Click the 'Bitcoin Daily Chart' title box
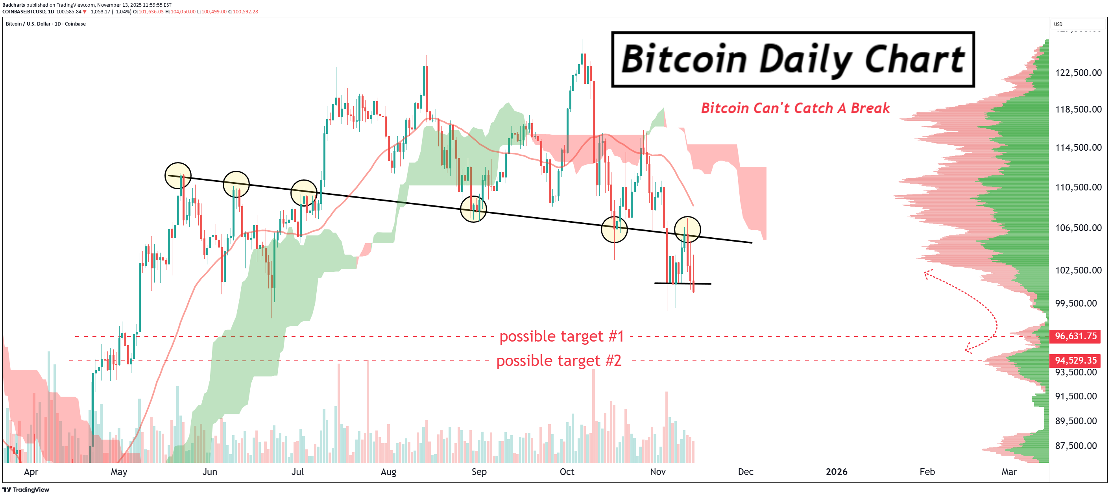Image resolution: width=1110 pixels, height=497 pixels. tap(792, 59)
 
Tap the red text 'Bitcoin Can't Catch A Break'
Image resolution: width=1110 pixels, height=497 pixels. tap(795, 108)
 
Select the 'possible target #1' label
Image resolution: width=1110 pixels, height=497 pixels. tap(561, 336)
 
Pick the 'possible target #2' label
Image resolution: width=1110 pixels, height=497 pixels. tap(558, 361)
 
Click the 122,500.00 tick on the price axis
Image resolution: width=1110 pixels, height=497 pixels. tap(1078, 72)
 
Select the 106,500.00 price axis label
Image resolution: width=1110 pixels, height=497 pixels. tap(1078, 227)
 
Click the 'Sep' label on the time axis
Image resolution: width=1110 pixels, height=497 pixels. tap(479, 471)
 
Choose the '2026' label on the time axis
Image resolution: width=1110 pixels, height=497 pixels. tap(837, 471)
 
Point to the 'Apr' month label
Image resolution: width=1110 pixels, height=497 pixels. tap(31, 471)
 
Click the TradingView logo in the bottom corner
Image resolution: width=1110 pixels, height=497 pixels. tap(26, 490)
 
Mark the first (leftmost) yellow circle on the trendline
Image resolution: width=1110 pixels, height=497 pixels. tap(178, 176)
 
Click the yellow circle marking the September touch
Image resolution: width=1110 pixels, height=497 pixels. tap(473, 209)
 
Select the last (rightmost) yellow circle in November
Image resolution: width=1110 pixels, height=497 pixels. tap(687, 230)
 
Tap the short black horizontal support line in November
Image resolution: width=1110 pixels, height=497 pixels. tap(682, 283)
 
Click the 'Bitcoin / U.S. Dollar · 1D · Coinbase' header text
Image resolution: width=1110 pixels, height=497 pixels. tap(46, 24)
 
